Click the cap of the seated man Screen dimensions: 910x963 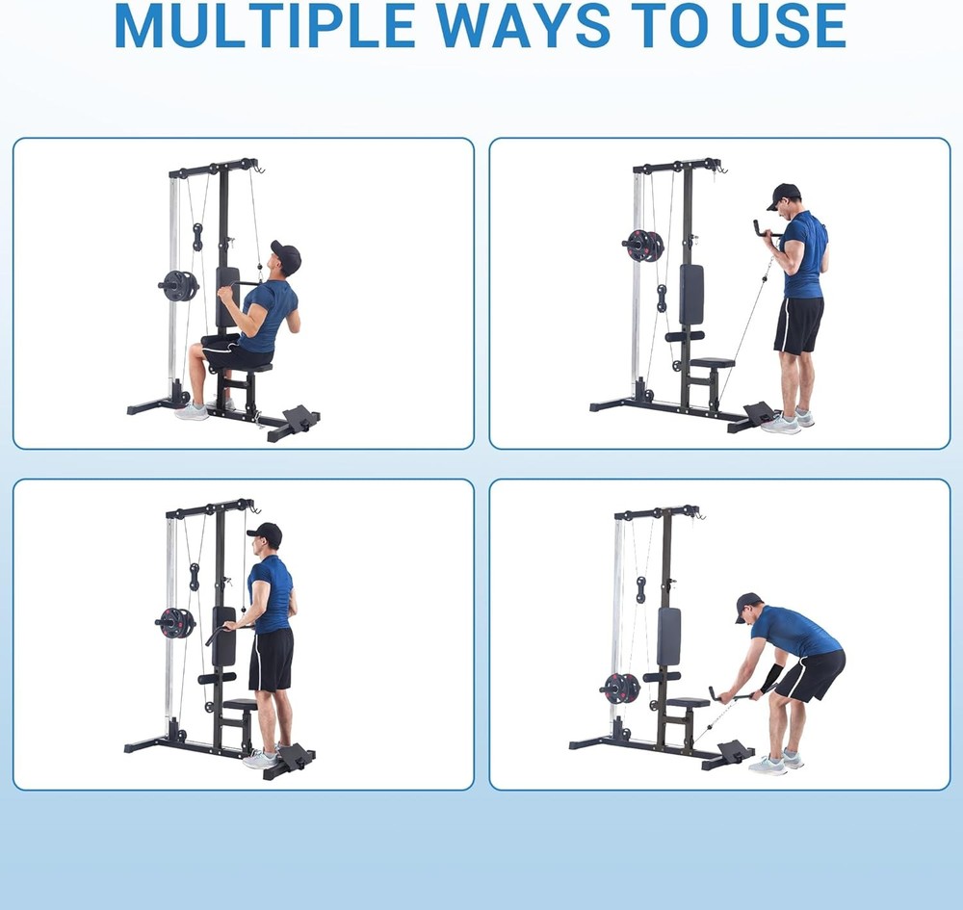(286, 256)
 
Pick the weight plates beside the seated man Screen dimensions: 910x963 (178, 285)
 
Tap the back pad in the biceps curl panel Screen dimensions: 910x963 (690, 294)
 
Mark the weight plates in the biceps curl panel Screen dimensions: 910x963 (643, 246)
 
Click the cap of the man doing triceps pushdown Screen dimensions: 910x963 (265, 533)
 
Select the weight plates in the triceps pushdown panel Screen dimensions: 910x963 (175, 623)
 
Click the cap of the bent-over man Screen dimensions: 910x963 (747, 605)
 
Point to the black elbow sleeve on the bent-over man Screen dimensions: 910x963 (771, 676)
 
